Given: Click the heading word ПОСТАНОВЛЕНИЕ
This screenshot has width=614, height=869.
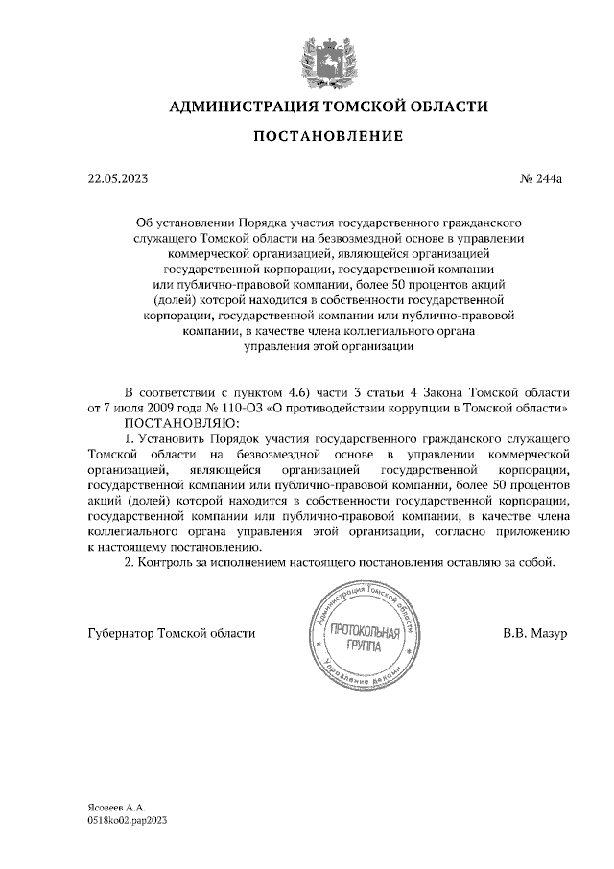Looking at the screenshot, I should (x=327, y=137).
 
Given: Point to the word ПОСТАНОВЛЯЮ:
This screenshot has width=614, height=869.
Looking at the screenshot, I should (x=174, y=421).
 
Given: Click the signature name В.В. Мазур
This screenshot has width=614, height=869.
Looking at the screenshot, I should (x=535, y=634).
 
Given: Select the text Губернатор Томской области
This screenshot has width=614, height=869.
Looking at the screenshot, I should (x=171, y=634).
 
